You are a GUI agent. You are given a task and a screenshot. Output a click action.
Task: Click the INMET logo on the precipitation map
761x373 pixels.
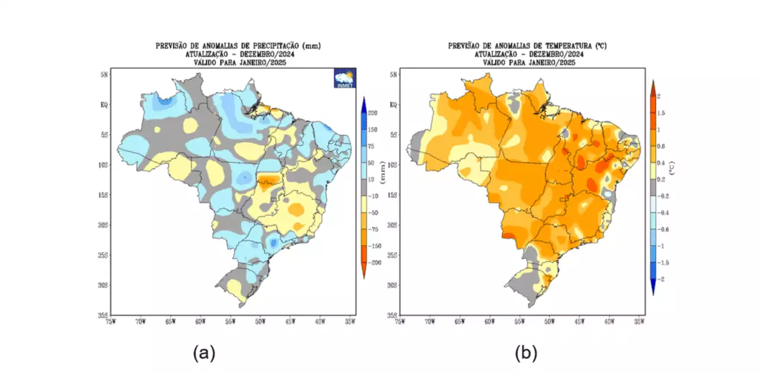pyautogui.click(x=344, y=79)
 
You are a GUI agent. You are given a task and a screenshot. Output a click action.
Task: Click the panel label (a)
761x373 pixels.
pyautogui.click(x=204, y=353)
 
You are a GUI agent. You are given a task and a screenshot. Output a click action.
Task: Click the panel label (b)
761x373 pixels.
pyautogui.click(x=526, y=353)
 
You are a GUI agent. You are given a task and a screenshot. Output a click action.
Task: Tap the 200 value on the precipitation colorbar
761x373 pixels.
pyautogui.click(x=373, y=112)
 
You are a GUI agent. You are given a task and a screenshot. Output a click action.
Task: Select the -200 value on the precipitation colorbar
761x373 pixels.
pyautogui.click(x=372, y=262)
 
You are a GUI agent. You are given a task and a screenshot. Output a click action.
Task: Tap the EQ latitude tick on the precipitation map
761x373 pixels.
pyautogui.click(x=103, y=105)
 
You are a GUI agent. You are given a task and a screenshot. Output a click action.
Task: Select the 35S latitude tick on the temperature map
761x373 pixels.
pyautogui.click(x=392, y=315)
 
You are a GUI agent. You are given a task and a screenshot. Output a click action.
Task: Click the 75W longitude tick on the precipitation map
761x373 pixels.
pyautogui.click(x=110, y=322)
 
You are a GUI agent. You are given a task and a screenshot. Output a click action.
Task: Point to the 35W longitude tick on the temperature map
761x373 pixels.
pyautogui.click(x=639, y=322)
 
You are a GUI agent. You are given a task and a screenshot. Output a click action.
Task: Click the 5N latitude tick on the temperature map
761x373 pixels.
pyautogui.click(x=393, y=74)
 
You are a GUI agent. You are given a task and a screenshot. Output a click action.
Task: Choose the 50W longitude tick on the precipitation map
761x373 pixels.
pyautogui.click(x=260, y=322)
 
